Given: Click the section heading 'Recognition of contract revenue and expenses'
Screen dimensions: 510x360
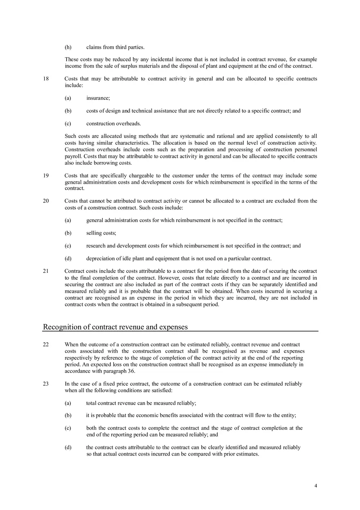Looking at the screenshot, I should coord(115,327).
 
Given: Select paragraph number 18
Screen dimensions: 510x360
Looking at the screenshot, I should coord(45,79).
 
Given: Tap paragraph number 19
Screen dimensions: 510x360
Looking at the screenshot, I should coord(45,175).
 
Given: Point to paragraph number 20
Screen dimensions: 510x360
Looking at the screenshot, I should coord(45,200).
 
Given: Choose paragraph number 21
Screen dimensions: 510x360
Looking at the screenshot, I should coord(45,271).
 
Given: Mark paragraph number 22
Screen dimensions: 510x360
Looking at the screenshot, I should coord(45,344).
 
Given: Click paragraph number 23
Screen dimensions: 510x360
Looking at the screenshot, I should coord(45,384).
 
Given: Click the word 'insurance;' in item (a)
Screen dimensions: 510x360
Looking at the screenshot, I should coord(98,98).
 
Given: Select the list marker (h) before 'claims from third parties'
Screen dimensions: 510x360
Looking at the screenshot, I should coord(68,47).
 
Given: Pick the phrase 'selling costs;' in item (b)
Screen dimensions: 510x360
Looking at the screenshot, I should coord(101,233).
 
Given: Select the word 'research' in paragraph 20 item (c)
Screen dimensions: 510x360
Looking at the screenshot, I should coord(96,246).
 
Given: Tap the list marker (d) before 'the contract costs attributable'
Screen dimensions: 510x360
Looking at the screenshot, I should coord(68,447).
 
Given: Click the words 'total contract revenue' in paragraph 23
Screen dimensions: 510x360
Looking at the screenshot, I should coord(112,403).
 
